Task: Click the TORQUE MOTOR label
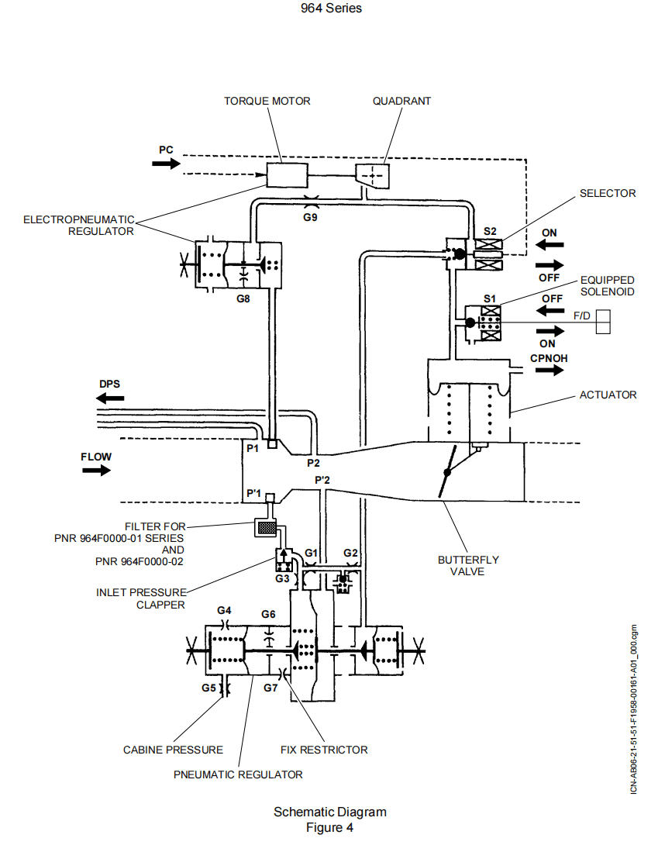[267, 101]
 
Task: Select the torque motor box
[288, 174]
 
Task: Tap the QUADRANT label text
[401, 101]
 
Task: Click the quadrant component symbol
[372, 176]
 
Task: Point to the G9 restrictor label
[310, 218]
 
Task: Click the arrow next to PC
[166, 164]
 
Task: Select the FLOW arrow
[96, 471]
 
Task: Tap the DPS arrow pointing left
[109, 398]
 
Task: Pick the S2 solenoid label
[490, 230]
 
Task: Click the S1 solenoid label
[489, 298]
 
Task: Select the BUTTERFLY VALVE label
[468, 565]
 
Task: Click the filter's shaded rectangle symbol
[266, 527]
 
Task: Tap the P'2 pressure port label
[322, 481]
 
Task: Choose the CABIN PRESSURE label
[173, 750]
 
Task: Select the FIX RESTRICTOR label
[324, 750]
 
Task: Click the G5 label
[208, 688]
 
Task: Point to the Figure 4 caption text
[330, 827]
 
